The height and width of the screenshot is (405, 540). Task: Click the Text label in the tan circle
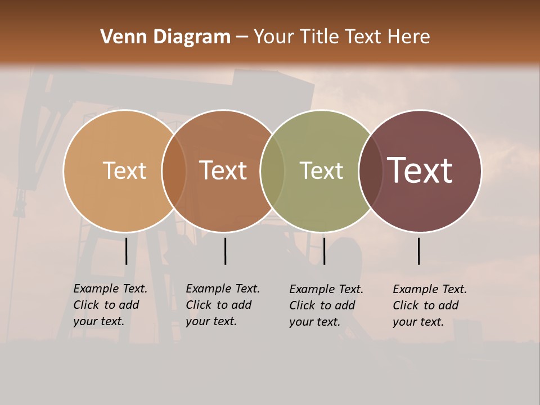click(x=124, y=170)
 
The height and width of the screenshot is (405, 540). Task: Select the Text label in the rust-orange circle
click(x=223, y=170)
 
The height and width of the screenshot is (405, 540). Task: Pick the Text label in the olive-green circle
click(x=321, y=170)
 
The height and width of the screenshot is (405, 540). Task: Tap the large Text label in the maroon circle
click(x=420, y=170)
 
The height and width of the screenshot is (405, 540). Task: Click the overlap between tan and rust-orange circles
click(x=174, y=170)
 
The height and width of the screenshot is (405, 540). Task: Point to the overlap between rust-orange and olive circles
click(x=272, y=170)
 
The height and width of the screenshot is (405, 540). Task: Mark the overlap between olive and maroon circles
click(x=371, y=170)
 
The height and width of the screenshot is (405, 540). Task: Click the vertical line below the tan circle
click(x=127, y=251)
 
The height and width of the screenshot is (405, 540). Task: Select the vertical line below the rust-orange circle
click(x=225, y=251)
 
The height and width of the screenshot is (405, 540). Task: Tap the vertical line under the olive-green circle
click(x=324, y=251)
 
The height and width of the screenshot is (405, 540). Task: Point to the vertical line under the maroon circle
click(x=419, y=251)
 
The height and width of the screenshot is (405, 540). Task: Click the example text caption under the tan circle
click(x=110, y=305)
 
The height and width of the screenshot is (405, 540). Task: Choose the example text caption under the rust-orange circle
click(x=222, y=305)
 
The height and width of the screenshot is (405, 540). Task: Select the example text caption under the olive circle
click(x=326, y=305)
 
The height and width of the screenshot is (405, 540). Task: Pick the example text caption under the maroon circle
click(x=429, y=305)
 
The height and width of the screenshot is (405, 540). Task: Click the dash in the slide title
click(x=242, y=38)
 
